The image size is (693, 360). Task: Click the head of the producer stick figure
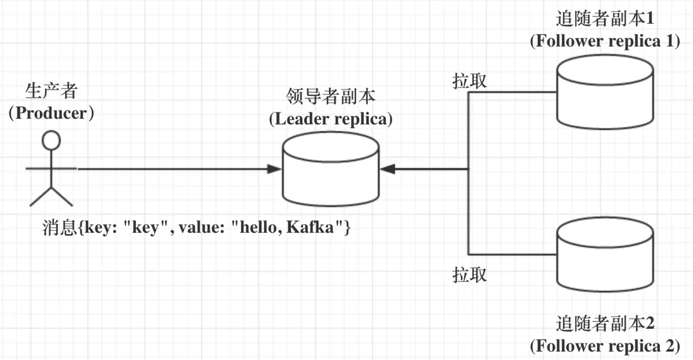tap(52, 140)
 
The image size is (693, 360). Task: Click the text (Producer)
tap(51, 113)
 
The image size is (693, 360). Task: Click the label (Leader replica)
tap(331, 119)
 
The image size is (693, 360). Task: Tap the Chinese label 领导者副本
tap(331, 97)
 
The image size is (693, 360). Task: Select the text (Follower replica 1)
tap(605, 42)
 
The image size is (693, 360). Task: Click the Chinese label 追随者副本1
tap(605, 19)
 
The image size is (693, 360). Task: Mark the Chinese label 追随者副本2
tap(605, 323)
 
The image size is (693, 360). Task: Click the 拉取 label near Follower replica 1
tap(470, 81)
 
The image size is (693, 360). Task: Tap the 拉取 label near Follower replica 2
tap(470, 274)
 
